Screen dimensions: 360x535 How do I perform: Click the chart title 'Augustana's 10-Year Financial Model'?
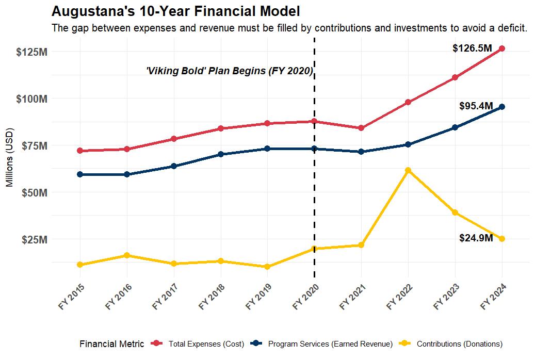pyautogui.click(x=176, y=11)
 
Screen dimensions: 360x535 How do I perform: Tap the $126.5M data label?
pyautogui.click(x=472, y=48)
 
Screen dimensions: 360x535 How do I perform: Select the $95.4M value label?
pyautogui.click(x=475, y=106)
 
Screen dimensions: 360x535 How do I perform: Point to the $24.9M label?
pyautogui.click(x=475, y=238)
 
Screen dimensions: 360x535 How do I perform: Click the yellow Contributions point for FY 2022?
pyautogui.click(x=408, y=170)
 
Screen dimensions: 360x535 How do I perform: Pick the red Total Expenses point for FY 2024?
pyautogui.click(x=502, y=48)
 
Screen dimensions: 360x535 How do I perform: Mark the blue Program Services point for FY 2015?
pyautogui.click(x=80, y=174)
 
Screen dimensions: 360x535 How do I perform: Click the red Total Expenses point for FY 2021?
pyautogui.click(x=361, y=128)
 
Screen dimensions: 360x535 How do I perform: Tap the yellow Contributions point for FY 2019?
pyautogui.click(x=267, y=267)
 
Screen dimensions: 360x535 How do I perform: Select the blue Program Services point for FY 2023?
pyautogui.click(x=455, y=127)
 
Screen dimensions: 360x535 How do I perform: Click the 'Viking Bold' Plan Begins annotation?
pyautogui.click(x=230, y=71)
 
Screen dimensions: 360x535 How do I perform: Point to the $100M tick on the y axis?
pyautogui.click(x=33, y=99)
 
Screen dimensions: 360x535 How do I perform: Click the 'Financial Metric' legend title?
pyautogui.click(x=112, y=344)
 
